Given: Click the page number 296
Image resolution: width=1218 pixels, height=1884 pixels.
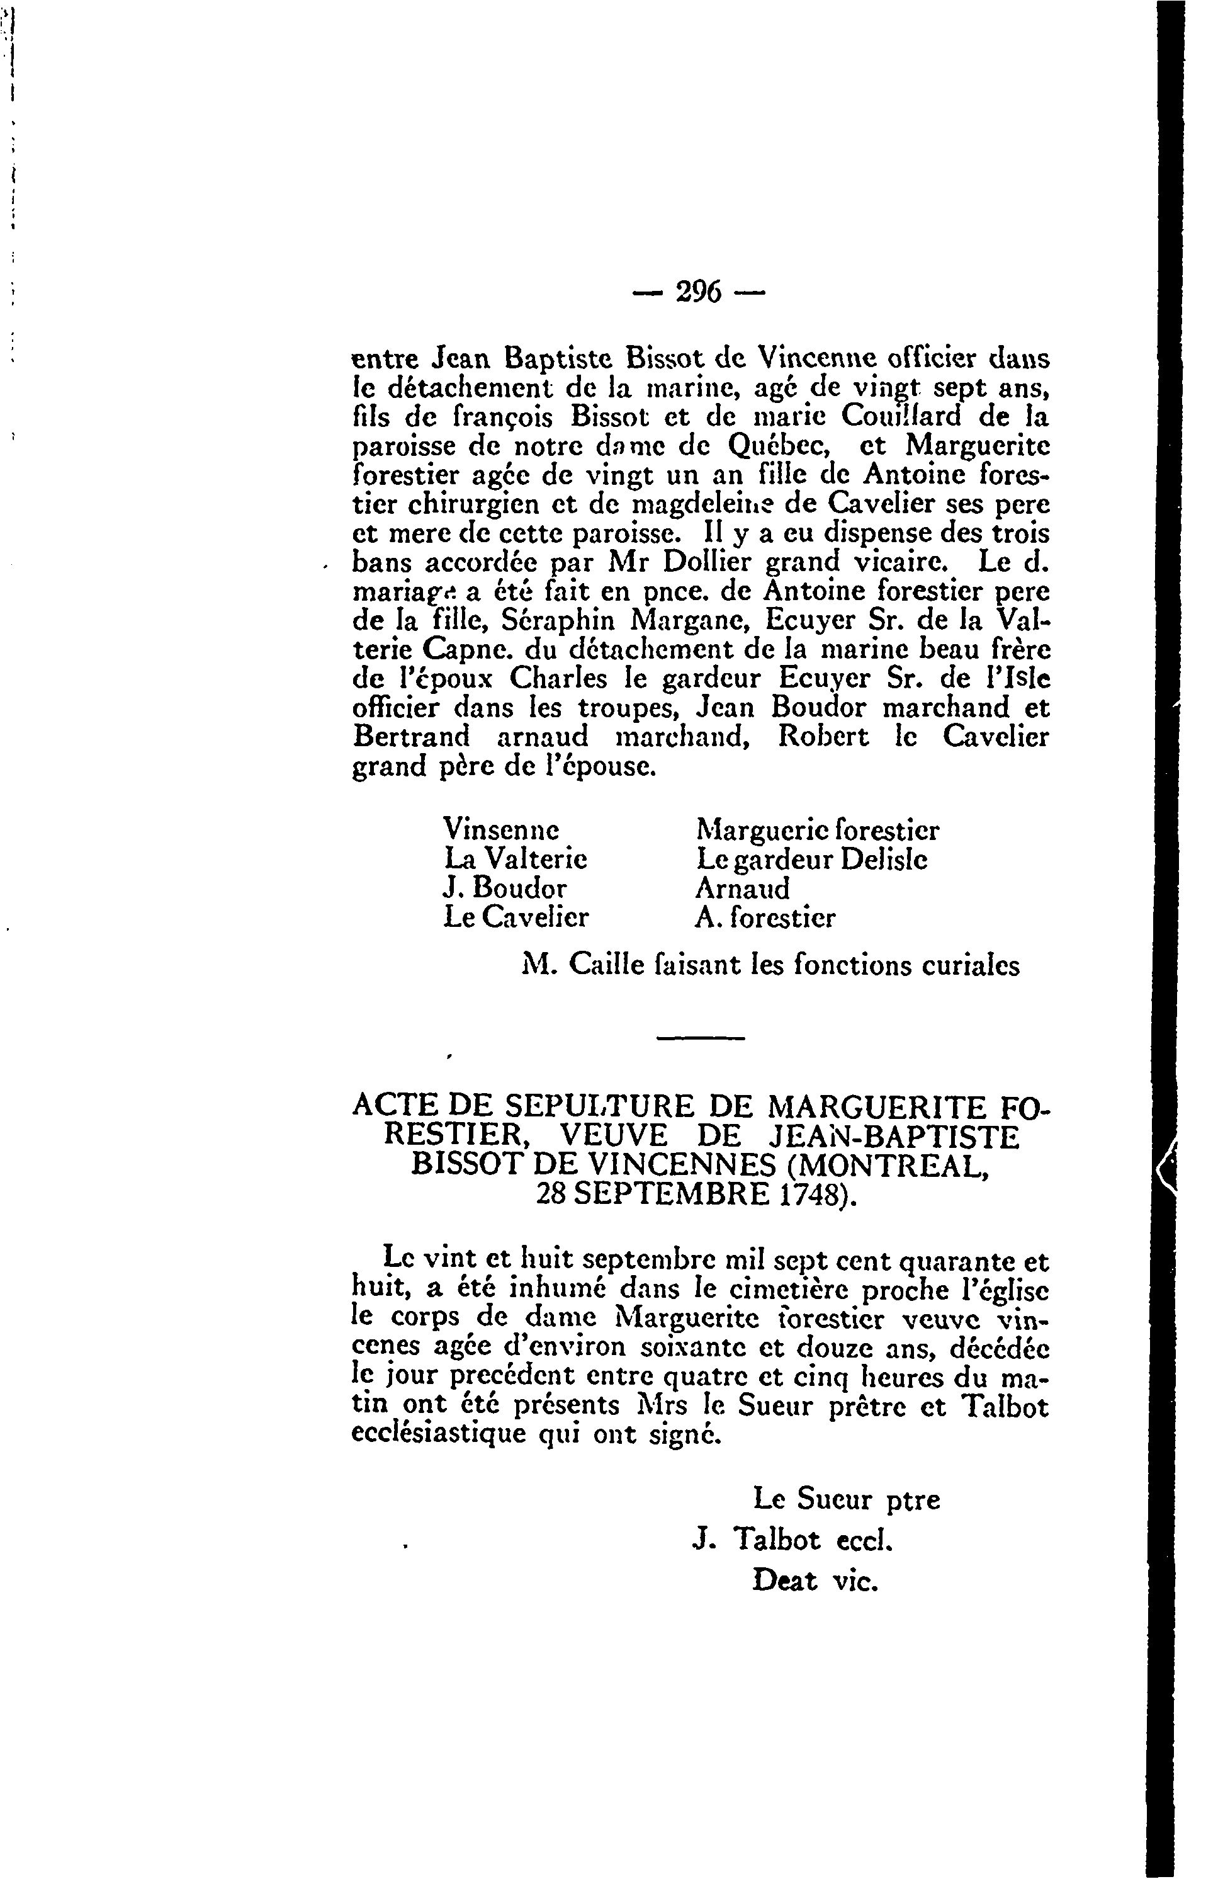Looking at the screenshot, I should coord(698,293).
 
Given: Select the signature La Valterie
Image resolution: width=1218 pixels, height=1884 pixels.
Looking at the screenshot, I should coord(516,858).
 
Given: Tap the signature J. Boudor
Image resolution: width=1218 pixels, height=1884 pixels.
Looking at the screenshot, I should coord(505,888).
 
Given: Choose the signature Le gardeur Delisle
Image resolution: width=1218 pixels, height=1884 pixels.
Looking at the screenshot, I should coord(811,858).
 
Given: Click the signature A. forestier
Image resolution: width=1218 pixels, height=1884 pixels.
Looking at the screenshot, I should coord(765,917).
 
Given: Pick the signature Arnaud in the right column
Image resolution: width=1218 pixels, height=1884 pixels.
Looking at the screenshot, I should coord(742,888).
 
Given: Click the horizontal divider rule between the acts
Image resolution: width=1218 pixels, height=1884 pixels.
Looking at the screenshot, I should coord(701,1038).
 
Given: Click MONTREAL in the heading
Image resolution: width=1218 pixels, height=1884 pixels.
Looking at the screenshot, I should coord(901,1165).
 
